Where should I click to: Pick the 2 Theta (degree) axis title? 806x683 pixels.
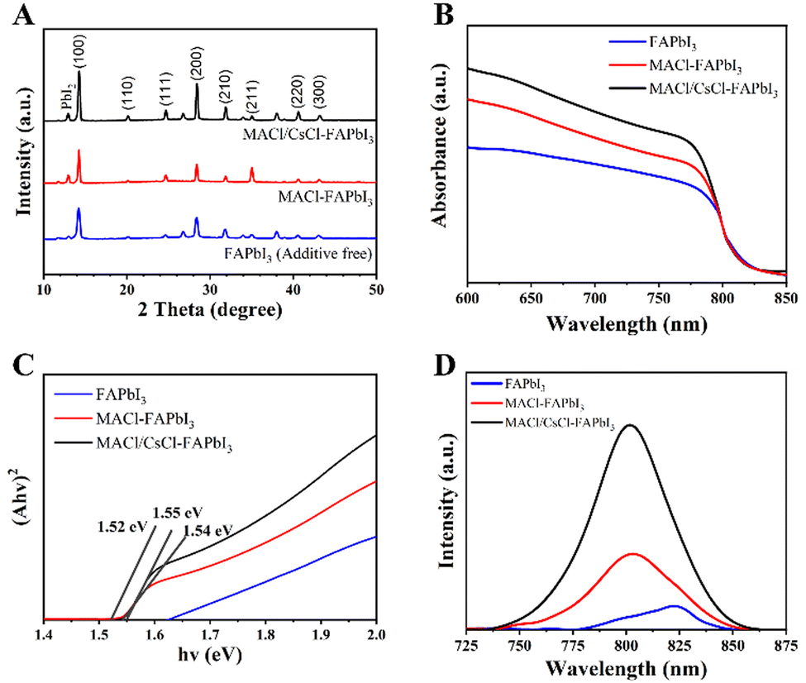pyautogui.click(x=211, y=312)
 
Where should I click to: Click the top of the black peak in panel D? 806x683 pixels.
pyautogui.click(x=632, y=426)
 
